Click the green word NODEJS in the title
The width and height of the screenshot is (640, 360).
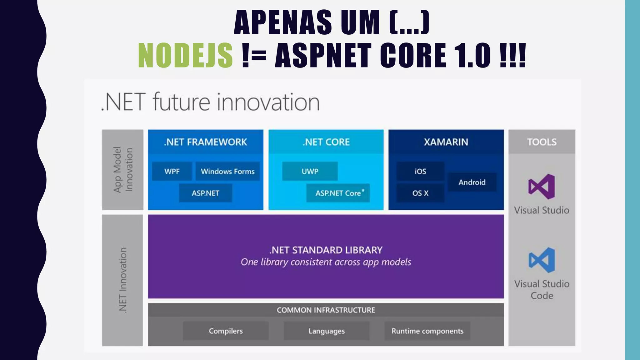(185, 55)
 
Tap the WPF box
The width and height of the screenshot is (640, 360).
(172, 171)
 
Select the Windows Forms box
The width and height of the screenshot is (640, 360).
(227, 171)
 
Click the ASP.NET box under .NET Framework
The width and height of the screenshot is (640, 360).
(205, 193)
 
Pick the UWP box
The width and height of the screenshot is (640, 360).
(310, 171)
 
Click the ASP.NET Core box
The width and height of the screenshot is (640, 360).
(338, 193)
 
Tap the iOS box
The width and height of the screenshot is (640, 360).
(420, 171)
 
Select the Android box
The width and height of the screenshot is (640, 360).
(472, 182)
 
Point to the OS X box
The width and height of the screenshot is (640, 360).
(420, 193)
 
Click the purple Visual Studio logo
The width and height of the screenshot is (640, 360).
(542, 187)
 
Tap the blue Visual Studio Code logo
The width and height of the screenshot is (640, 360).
(542, 260)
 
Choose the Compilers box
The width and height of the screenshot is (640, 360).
(226, 331)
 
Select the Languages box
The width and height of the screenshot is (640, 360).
(327, 331)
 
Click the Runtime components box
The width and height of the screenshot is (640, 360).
(427, 331)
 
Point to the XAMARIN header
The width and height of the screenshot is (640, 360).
(446, 142)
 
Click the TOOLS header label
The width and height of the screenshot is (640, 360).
(542, 142)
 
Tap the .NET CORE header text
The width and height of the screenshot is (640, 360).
(326, 142)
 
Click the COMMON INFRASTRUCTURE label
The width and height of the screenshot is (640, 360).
(326, 310)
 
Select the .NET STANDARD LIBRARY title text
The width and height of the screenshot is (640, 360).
(326, 250)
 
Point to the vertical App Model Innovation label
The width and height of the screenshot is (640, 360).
(123, 170)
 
